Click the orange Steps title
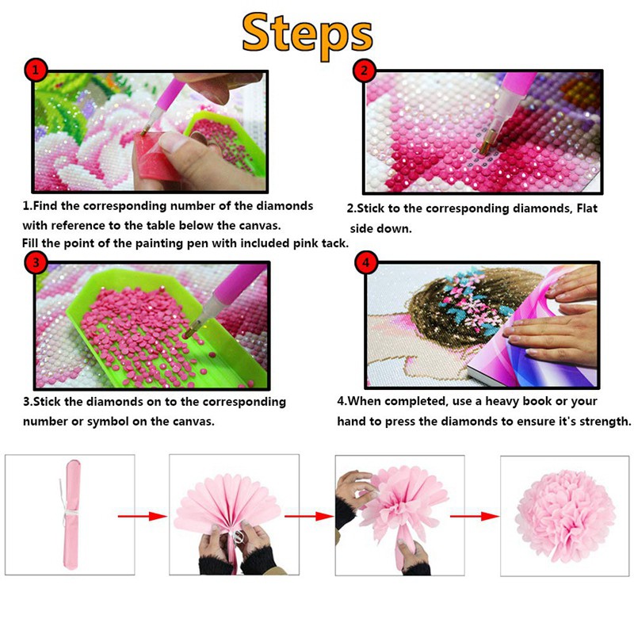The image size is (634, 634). pos(307,36)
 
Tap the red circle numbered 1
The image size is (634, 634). pos(36,71)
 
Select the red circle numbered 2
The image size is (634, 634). pos(365,71)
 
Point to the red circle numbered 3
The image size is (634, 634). pos(36,262)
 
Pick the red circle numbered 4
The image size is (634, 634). pos(366,263)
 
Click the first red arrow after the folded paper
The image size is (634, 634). pos(143,516)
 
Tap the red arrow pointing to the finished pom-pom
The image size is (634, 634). pos(475,516)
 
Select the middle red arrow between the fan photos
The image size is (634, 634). pos(309,516)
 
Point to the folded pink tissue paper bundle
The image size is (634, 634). pos(72,514)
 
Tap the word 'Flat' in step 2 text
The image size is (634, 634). pos(586,208)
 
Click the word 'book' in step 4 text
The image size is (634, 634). pos(537,401)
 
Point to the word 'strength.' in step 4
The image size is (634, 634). pos(605,422)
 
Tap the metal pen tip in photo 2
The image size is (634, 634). pos(488,143)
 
